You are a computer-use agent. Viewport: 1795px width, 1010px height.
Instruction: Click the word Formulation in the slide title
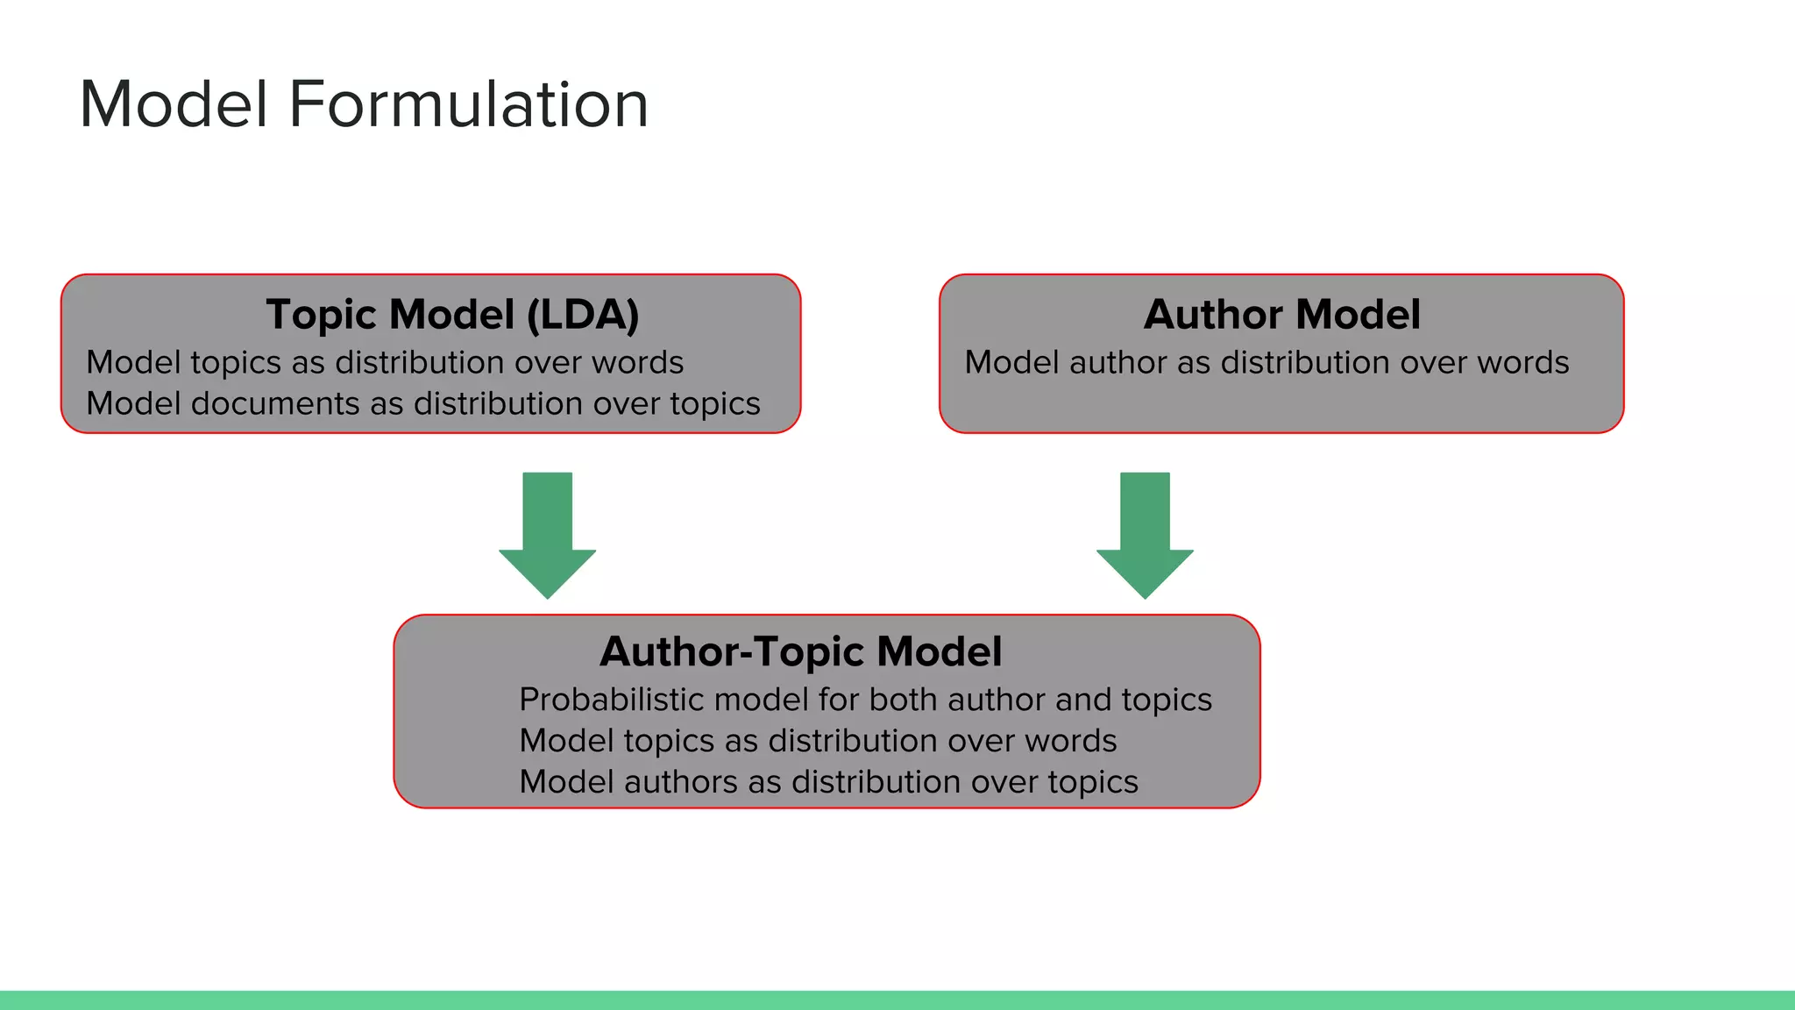[x=469, y=104]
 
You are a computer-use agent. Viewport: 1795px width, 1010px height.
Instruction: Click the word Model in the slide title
[x=174, y=104]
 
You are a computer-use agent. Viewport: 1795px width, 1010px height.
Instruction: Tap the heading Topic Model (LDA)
[x=452, y=314]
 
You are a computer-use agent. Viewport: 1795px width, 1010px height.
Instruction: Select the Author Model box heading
[x=1281, y=314]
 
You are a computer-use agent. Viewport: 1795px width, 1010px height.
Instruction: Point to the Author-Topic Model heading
[x=800, y=651]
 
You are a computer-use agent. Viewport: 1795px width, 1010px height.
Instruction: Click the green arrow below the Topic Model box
[x=547, y=535]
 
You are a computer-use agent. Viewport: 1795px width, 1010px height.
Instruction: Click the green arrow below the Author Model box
[x=1145, y=535]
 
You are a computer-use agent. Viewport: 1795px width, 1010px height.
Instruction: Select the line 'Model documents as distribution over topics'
[x=422, y=403]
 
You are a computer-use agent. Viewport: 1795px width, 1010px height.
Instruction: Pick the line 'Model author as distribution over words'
[x=1266, y=362]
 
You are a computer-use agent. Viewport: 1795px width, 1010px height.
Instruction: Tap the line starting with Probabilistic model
[x=865, y=700]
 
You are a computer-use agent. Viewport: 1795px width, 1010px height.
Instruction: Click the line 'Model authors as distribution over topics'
[x=828, y=781]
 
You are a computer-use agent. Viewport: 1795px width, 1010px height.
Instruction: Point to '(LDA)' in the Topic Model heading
[x=583, y=314]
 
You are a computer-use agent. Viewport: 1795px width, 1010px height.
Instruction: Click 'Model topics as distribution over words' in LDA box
[x=385, y=362]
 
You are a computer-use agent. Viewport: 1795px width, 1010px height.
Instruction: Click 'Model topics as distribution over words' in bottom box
[x=818, y=741]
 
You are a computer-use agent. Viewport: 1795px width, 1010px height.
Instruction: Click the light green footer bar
[x=897, y=999]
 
